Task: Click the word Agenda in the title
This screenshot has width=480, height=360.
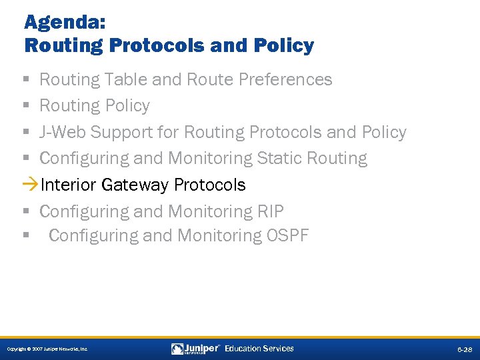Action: coord(55,22)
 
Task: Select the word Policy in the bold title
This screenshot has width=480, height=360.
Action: coord(283,45)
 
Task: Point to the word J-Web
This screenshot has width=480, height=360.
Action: coord(63,132)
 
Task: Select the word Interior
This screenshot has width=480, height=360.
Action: coord(69,185)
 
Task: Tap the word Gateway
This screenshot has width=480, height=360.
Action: coord(136,185)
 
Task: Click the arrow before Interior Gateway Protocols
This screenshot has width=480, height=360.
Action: coord(31,185)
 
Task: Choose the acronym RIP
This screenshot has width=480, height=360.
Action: coord(270,211)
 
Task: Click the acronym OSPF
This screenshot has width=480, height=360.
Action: coord(288,236)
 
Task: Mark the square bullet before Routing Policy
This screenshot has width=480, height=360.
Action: coord(26,106)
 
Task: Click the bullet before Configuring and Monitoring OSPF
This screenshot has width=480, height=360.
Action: coord(26,236)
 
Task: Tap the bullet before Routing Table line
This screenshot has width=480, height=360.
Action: coord(26,80)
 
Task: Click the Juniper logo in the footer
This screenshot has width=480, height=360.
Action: coord(196,349)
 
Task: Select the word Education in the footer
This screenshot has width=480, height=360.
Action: coord(243,349)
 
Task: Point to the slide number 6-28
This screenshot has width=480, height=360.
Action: coord(464,349)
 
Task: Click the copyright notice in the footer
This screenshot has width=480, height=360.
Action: coord(47,349)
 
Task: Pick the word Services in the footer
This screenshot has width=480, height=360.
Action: coord(278,349)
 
